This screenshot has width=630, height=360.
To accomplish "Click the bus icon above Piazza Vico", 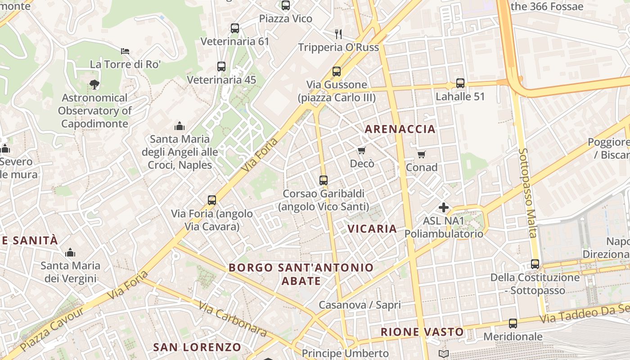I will click(286, 5).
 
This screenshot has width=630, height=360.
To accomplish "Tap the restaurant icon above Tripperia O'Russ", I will click(338, 34).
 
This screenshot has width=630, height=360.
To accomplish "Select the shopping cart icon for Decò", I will click(362, 150).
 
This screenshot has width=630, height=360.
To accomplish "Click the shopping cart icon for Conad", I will click(422, 154).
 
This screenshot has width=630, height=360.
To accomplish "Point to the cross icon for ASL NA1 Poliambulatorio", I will click(444, 207).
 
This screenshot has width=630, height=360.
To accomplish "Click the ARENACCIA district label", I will click(400, 129).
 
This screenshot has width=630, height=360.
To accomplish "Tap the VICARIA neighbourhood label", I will click(372, 229).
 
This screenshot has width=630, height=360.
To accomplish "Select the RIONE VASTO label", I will click(422, 332).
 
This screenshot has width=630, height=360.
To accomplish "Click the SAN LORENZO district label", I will click(197, 347).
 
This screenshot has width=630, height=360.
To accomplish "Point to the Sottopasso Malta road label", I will click(528, 193).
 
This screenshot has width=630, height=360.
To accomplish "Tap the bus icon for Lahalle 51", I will click(460, 83).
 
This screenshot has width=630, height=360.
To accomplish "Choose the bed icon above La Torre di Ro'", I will click(125, 51).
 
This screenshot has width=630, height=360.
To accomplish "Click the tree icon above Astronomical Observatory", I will click(94, 84).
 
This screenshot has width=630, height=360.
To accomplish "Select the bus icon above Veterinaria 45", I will click(221, 67).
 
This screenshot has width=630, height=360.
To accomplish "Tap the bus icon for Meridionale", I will click(513, 323).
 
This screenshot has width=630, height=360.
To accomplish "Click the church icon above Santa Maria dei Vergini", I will click(70, 252).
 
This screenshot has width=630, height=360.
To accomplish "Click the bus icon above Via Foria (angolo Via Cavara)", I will click(212, 200).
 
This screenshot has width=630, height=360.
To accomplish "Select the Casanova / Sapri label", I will click(360, 305).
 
